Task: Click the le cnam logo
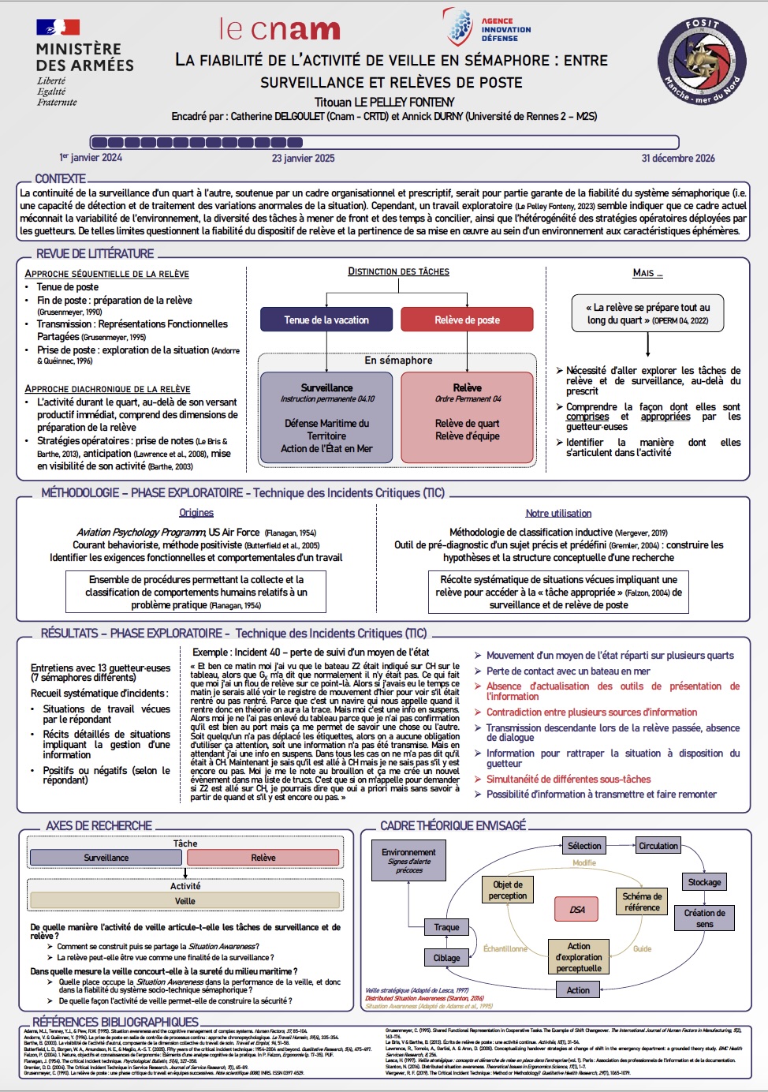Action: [x=280, y=29]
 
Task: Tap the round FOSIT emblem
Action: [x=702, y=61]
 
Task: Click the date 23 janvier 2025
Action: [x=303, y=158]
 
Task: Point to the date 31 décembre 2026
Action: [x=677, y=158]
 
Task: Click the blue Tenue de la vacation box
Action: [x=326, y=320]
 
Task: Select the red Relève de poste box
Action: [x=467, y=320]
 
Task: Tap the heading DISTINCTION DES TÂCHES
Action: [x=398, y=271]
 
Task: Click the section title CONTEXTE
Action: [x=61, y=179]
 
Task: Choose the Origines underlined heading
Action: [x=196, y=513]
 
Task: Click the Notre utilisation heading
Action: [x=558, y=514]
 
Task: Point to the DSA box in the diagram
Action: [x=577, y=910]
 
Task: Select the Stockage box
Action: [x=704, y=882]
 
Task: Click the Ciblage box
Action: [x=446, y=958]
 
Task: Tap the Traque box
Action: [x=446, y=927]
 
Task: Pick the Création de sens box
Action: [x=704, y=918]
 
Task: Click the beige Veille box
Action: [x=185, y=901]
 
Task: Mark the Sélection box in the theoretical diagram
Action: [x=584, y=846]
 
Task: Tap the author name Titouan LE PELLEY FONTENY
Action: [x=384, y=102]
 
